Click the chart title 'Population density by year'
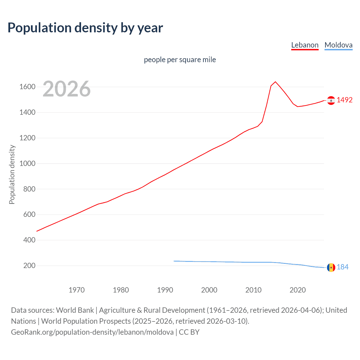click(85, 28)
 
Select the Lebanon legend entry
click(305, 45)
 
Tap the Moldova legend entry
click(338, 45)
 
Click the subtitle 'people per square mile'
click(180, 60)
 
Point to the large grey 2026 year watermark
click(67, 89)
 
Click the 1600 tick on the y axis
click(27, 87)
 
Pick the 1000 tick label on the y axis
click(27, 163)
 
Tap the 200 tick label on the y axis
click(29, 265)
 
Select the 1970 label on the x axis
click(76, 290)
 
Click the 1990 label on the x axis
click(165, 290)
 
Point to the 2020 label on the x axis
click(298, 290)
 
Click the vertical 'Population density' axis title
click(12, 174)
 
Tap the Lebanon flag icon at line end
click(331, 100)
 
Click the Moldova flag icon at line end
click(331, 267)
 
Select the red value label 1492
click(345, 100)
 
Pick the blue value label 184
click(343, 267)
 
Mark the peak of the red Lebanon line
click(275, 82)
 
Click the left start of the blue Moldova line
click(174, 261)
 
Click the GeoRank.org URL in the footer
click(92, 332)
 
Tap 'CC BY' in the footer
click(189, 332)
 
